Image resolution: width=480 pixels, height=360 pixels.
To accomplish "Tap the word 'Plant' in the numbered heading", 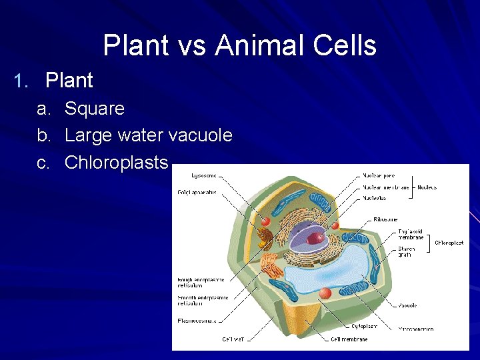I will coord(69,81).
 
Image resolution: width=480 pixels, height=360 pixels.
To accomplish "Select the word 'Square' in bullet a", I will coord(94,109).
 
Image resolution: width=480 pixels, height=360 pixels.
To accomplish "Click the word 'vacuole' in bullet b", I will coord(200,135).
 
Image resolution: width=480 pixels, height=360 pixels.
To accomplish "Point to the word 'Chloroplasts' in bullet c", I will coord(116,162).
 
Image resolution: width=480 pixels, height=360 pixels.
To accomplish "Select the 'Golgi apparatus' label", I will coord(197,193).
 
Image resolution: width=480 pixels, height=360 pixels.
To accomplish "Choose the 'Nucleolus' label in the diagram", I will coord(375,198).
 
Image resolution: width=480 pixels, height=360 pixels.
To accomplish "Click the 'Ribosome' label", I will coord(385,219).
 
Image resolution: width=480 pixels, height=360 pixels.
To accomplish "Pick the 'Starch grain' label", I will coord(406,251).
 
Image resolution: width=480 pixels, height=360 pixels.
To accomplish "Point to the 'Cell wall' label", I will coord(235,339).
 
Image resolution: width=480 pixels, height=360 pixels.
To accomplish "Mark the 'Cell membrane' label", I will coord(349,339).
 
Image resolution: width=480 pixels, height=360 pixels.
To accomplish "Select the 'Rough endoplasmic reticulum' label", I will coord(200,283).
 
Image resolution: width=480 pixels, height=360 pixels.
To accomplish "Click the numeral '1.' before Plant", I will coord(23,81).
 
